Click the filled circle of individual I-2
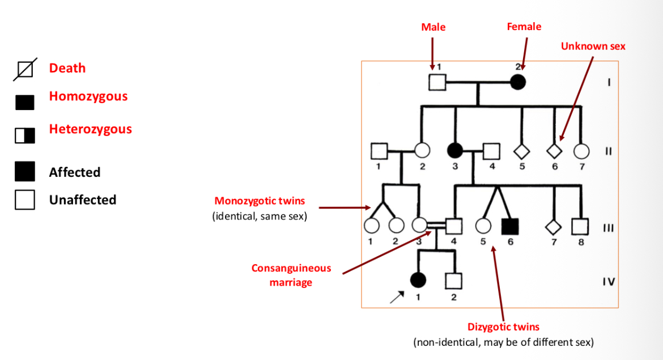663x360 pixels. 518,83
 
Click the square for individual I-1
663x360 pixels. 437,83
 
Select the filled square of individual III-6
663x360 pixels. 510,226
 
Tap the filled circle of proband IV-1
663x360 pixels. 418,280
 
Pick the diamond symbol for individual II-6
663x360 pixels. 554,151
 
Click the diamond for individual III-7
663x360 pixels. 553,226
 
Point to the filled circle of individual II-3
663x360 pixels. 454,151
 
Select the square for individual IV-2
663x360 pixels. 453,280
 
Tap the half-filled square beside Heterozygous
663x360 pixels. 25,135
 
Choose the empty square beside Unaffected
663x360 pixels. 25,200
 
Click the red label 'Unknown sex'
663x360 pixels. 593,46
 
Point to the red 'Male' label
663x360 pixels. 433,27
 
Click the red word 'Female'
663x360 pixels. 524,27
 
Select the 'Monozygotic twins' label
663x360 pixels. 260,201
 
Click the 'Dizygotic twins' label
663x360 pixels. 503,327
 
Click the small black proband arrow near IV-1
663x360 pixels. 397,298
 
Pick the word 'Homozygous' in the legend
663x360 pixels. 88,96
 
